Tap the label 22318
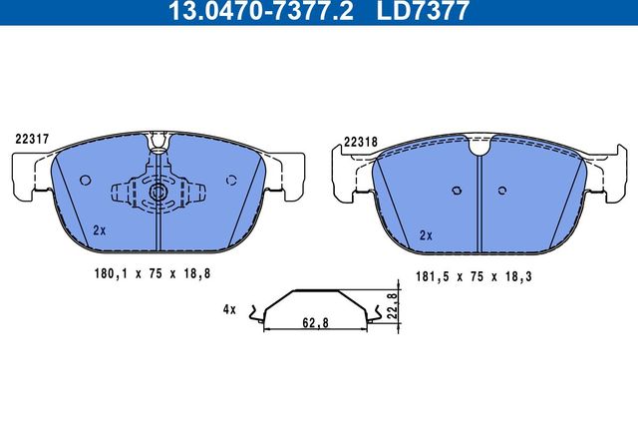tap(359, 141)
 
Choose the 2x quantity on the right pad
tap(426, 235)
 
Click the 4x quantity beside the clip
tap(230, 310)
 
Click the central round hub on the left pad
tap(159, 192)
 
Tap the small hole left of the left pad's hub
tap(85, 181)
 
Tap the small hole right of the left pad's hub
tap(231, 181)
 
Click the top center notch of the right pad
tap(479, 149)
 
